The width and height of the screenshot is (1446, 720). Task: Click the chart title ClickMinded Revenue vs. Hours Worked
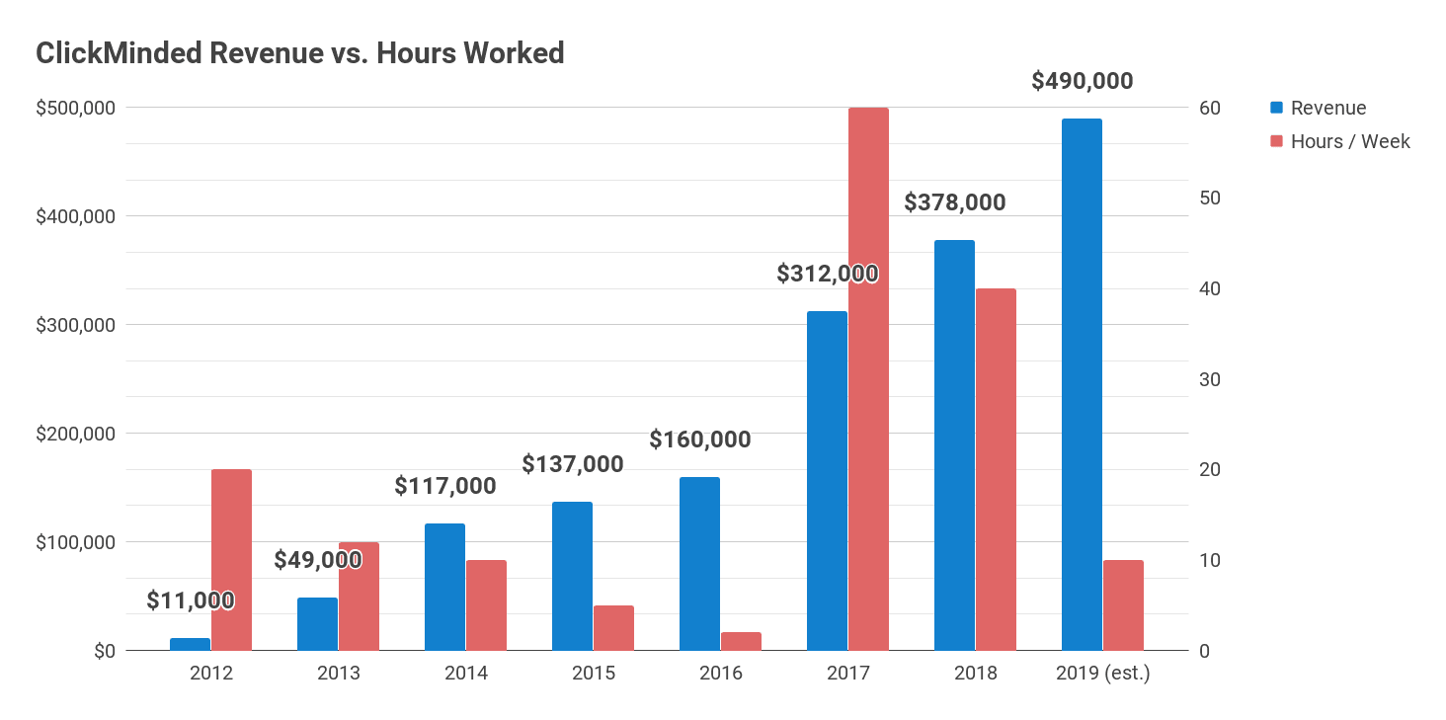pos(300,53)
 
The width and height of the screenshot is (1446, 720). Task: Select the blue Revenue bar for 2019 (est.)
pos(1082,384)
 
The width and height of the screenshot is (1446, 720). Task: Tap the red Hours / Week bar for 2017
pos(869,379)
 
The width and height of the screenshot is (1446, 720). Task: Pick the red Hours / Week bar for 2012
pos(232,560)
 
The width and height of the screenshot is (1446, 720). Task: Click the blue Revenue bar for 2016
pos(699,564)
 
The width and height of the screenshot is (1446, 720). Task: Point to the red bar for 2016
pos(741,641)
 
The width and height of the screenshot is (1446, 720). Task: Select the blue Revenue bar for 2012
pos(191,645)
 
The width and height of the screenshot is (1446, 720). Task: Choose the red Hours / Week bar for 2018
pos(996,469)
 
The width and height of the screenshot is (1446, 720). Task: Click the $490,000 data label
pos(1082,81)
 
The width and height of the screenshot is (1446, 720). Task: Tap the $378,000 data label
pos(955,202)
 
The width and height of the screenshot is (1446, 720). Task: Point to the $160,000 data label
pos(699,440)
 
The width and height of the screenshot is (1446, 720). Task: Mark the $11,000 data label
pos(191,600)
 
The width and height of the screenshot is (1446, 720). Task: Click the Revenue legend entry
pos(1319,108)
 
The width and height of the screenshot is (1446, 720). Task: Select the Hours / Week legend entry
pos(1340,141)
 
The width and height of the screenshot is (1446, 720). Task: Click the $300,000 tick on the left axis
pos(75,325)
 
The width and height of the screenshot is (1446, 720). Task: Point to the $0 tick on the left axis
pos(105,651)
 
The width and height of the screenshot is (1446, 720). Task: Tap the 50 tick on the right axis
pos(1210,198)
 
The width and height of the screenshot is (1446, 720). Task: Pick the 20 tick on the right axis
pos(1210,469)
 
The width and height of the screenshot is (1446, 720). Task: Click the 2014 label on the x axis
pos(466,673)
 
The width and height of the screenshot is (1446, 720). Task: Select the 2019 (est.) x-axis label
pos(1103,673)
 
